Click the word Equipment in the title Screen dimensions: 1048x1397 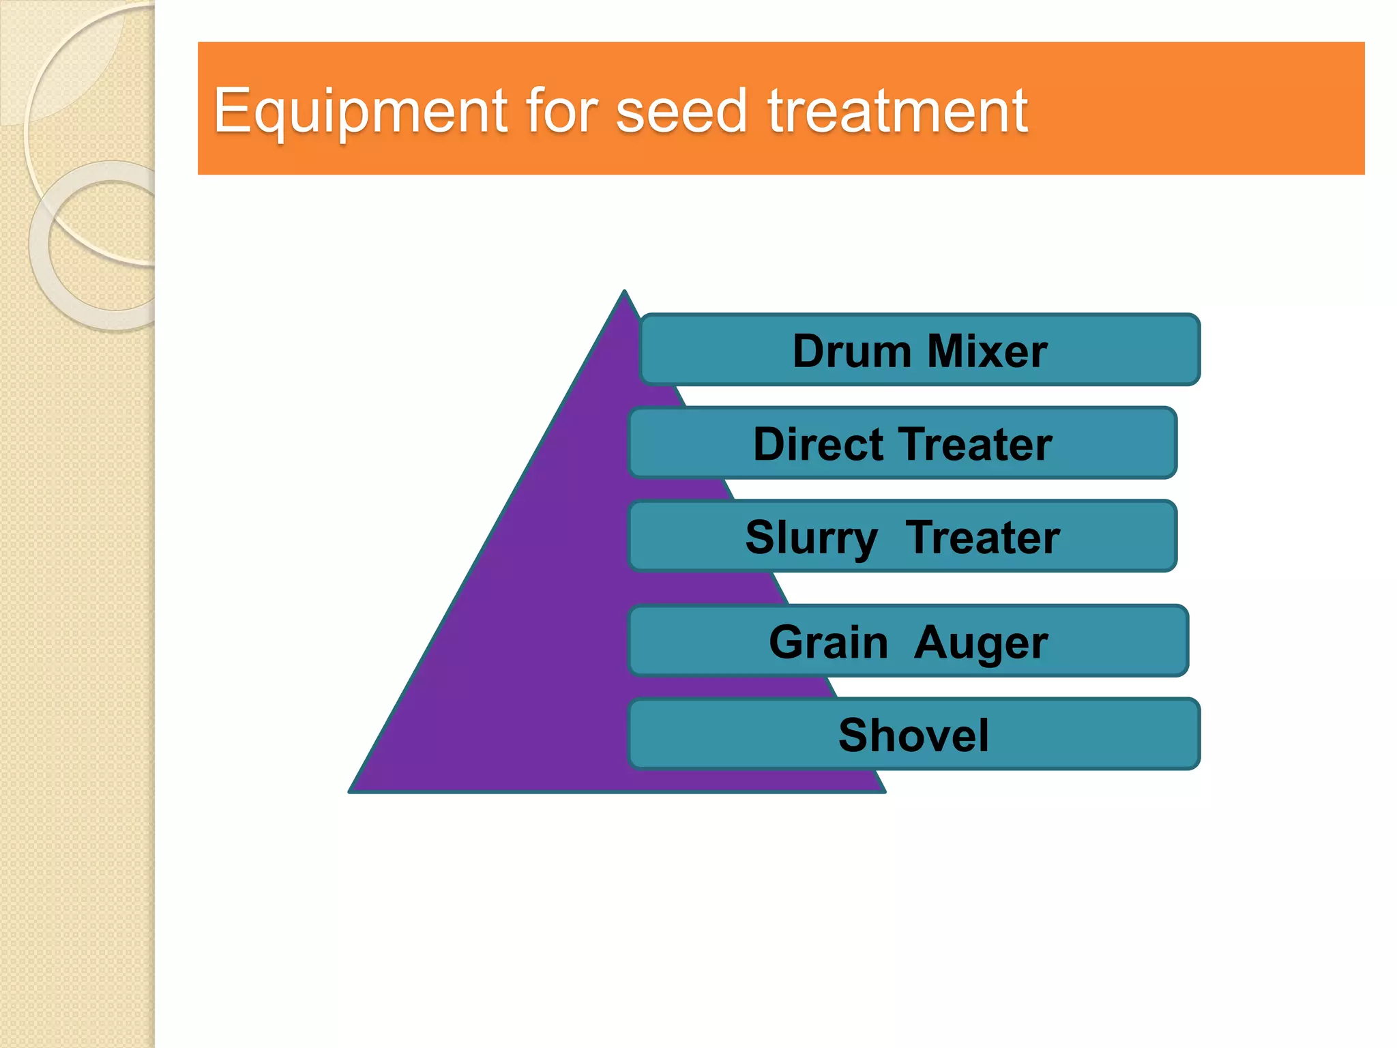pos(360,111)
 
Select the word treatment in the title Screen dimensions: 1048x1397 pos(898,111)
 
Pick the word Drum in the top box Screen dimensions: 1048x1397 pos(851,351)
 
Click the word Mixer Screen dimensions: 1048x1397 pos(987,351)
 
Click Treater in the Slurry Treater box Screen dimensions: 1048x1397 pos(982,538)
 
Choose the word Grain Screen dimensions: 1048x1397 pos(828,643)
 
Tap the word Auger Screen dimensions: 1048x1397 pos(980,643)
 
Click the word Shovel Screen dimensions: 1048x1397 pos(913,736)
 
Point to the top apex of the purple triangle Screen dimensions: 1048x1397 pos(624,292)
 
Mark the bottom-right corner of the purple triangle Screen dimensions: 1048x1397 pos(883,791)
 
